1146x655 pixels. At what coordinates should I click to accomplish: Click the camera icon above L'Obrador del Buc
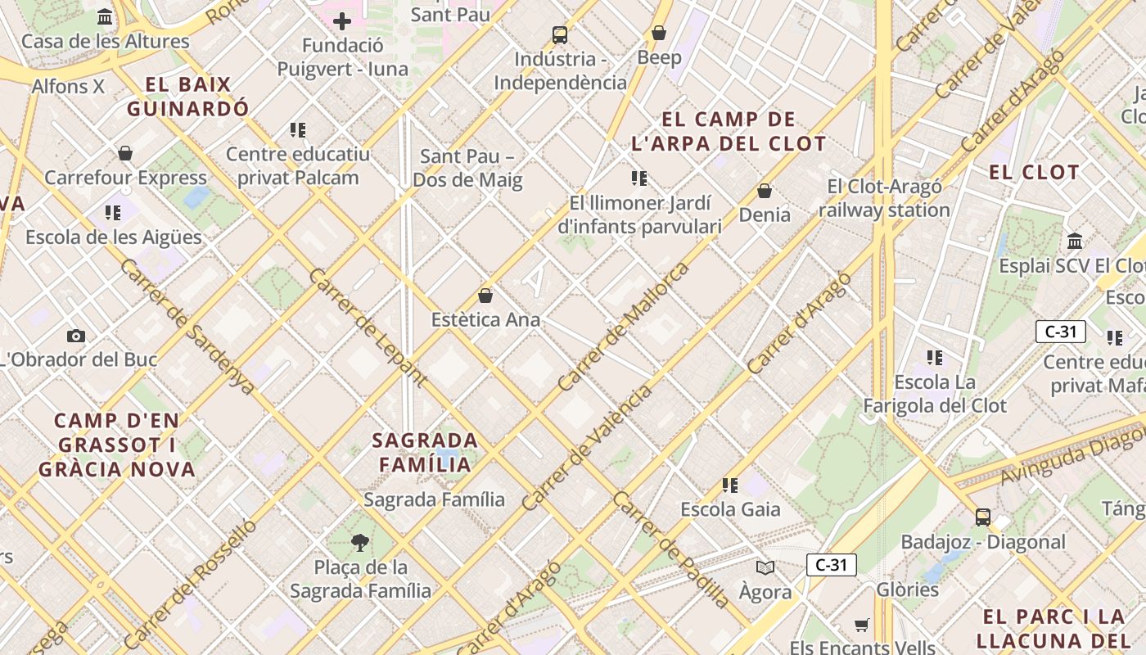(76, 336)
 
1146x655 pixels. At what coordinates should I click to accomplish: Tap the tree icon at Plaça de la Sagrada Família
(359, 542)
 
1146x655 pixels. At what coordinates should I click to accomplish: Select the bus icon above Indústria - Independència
(560, 34)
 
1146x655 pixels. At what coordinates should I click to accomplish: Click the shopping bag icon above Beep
(659, 33)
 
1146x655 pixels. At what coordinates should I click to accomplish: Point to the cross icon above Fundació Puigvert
(342, 21)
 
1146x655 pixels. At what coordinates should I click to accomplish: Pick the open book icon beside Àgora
(765, 567)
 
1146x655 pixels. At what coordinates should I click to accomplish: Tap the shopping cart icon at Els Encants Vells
(861, 626)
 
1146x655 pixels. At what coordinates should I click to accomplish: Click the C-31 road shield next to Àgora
(832, 565)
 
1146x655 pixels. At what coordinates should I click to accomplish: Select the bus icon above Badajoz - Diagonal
(982, 517)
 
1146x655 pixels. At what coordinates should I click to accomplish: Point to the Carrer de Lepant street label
(367, 326)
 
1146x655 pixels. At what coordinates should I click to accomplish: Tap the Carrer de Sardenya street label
(187, 326)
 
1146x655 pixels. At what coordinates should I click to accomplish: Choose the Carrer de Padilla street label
(670, 550)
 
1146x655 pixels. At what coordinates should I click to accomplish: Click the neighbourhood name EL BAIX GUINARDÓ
(187, 96)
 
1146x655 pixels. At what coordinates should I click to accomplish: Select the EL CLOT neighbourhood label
(1034, 172)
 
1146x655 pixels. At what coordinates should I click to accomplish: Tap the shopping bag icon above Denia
(765, 191)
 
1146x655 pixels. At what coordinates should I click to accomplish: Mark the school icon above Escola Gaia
(731, 486)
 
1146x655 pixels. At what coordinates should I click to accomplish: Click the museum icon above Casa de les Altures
(105, 17)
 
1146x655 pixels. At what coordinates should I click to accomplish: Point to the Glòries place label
(907, 589)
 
